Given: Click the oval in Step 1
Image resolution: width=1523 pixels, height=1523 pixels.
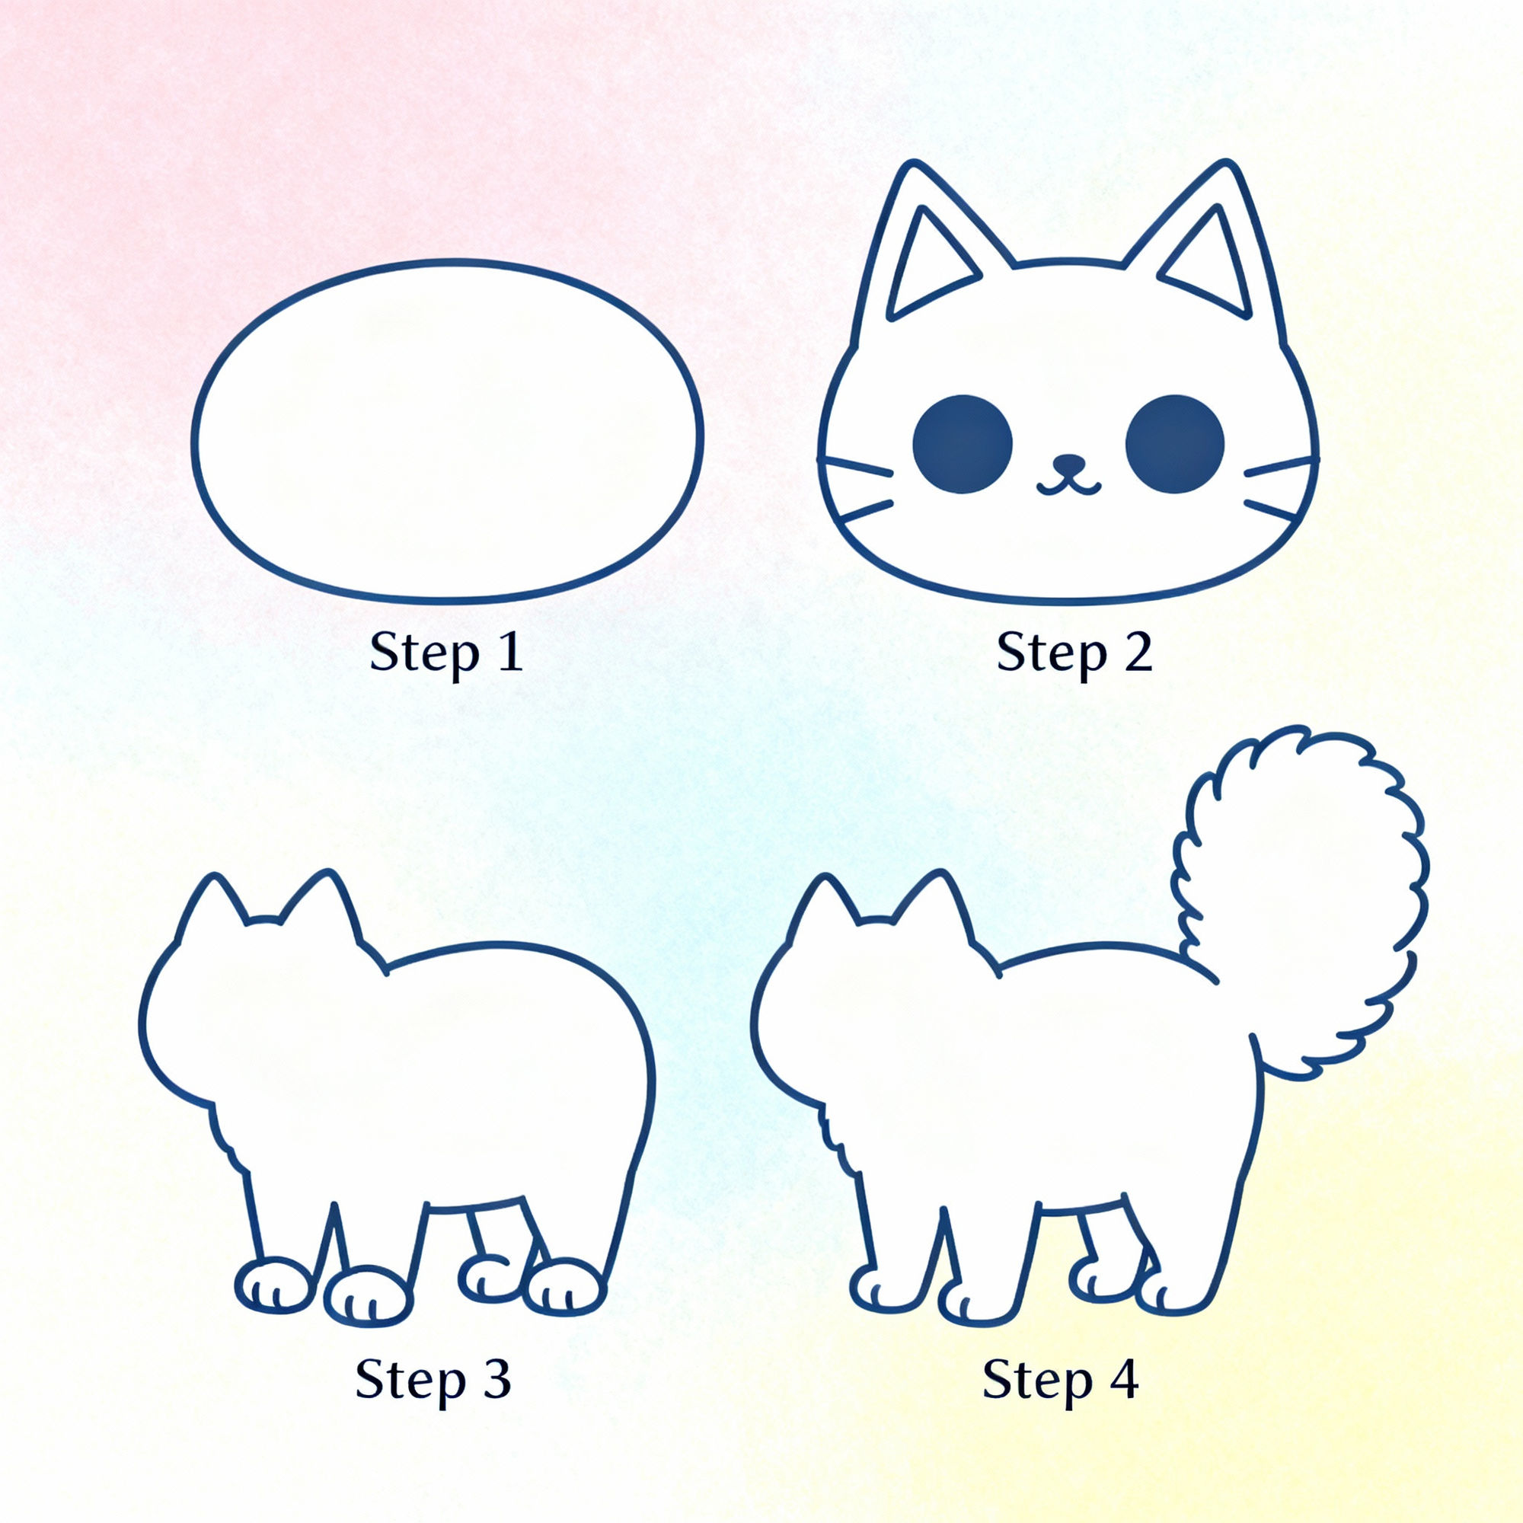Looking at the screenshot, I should (x=447, y=432).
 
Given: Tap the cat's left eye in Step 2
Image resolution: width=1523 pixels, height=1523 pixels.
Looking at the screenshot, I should (x=962, y=444).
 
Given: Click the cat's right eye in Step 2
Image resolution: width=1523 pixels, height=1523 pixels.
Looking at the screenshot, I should (x=1173, y=444).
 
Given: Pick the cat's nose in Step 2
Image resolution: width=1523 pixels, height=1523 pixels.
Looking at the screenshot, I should (x=1069, y=463).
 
